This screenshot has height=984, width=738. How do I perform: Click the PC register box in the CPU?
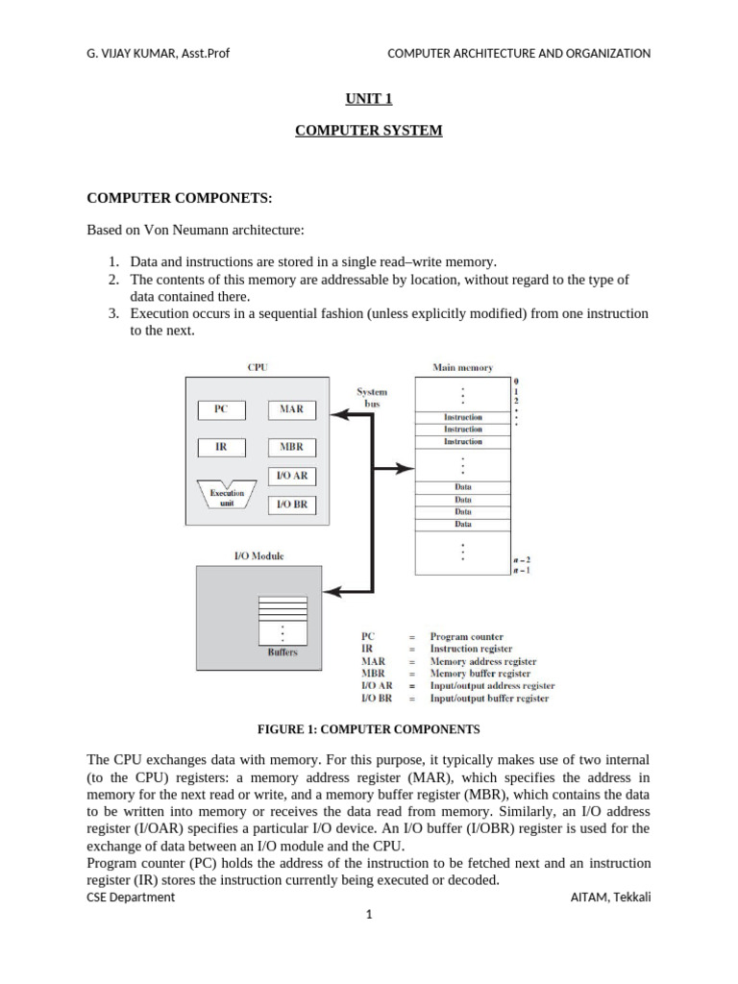click(x=221, y=409)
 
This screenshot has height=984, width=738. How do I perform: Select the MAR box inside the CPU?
click(x=291, y=409)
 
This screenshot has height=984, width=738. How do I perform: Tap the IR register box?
click(x=221, y=447)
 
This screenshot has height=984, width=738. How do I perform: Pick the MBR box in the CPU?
click(x=291, y=447)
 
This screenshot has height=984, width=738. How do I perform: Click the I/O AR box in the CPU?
click(x=291, y=476)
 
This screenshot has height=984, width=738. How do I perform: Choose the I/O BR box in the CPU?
click(x=291, y=504)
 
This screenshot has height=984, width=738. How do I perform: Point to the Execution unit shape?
click(x=227, y=497)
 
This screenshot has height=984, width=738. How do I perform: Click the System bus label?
click(x=372, y=398)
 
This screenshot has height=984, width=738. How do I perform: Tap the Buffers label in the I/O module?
click(x=282, y=652)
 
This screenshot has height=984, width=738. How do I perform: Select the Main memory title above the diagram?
click(x=463, y=367)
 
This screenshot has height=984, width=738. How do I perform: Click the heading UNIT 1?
click(x=368, y=98)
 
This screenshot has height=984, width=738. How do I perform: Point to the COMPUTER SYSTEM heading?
click(x=368, y=131)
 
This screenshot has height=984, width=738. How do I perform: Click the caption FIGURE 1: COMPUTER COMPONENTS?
click(x=369, y=729)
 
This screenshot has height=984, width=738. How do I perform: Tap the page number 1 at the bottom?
click(x=368, y=915)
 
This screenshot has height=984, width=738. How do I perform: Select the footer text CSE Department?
click(x=131, y=898)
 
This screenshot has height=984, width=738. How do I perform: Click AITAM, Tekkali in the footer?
click(x=610, y=898)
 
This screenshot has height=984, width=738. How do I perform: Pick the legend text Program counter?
click(x=466, y=636)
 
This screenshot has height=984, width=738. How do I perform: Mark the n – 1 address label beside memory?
click(x=523, y=570)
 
